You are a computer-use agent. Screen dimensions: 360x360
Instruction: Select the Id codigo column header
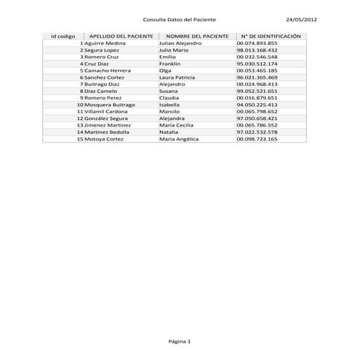63,36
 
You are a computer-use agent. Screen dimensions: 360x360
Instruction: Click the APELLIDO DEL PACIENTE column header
121,36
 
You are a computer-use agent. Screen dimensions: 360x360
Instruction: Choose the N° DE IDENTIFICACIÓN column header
270,36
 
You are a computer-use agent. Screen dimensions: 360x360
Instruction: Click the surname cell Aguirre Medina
105,43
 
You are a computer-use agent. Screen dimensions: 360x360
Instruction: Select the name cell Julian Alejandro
180,43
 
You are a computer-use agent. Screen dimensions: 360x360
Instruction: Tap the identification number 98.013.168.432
257,50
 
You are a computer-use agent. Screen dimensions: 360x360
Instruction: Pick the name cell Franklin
169,63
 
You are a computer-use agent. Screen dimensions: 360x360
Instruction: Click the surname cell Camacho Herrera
108,71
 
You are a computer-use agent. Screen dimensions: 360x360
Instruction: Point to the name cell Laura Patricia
177,77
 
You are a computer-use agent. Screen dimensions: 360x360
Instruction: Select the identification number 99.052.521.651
257,91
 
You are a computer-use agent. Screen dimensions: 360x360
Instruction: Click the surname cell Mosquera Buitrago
110,105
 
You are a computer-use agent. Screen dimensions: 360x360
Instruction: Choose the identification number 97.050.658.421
257,118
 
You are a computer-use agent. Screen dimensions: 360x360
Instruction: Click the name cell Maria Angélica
178,138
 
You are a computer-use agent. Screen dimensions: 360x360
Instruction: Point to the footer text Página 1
179,340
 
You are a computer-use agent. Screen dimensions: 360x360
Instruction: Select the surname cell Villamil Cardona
108,111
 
